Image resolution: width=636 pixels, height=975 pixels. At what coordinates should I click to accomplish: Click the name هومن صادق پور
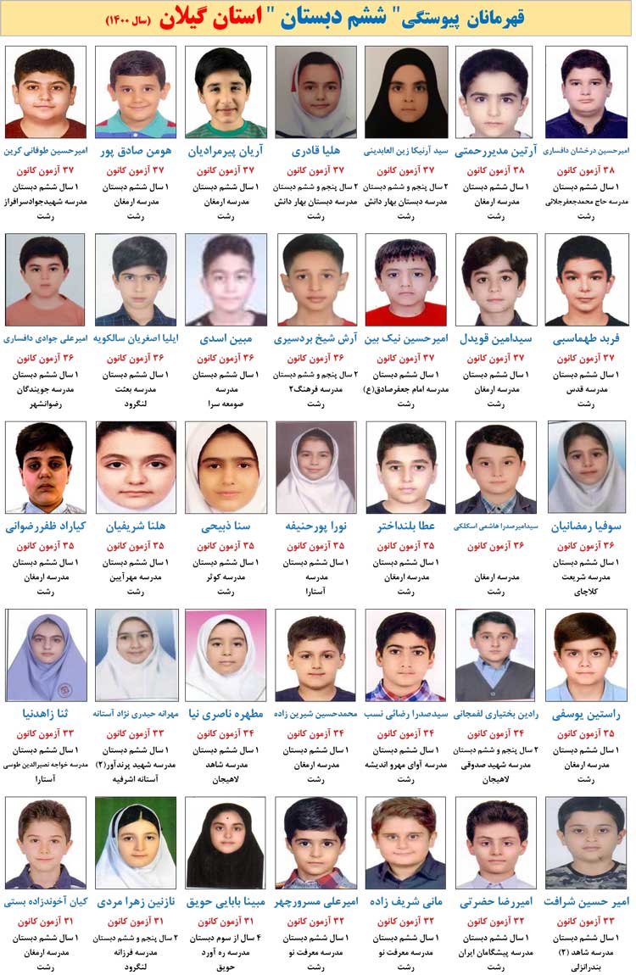point(136,152)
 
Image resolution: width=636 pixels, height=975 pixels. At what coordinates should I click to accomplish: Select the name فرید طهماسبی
point(586,339)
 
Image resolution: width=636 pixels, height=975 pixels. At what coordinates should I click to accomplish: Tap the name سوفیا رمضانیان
point(586,526)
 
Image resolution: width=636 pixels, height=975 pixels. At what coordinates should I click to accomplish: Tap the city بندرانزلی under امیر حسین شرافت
point(586,967)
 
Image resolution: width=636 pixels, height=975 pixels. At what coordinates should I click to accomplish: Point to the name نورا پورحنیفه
point(315,526)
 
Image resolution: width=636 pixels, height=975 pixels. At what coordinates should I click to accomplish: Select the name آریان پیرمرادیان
point(226,152)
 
